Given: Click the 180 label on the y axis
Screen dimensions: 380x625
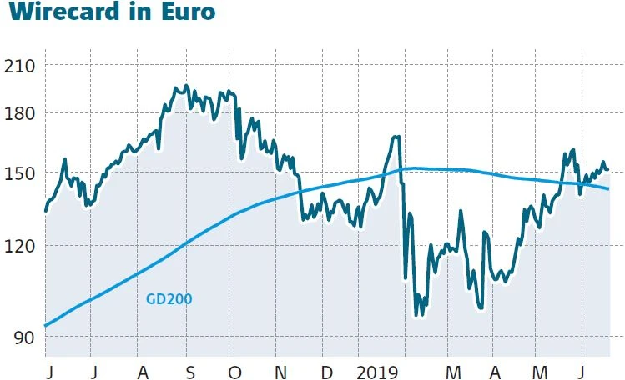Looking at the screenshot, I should pos(20,113).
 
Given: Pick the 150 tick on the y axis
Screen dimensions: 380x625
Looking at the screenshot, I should pos(20,173).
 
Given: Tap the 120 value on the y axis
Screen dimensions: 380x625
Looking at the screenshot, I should pos(20,246).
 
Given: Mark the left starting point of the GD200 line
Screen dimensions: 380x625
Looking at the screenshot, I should pos(45,326).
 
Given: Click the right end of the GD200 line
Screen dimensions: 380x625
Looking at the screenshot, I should pos(608,188).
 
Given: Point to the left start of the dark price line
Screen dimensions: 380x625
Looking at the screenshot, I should pos(45,211).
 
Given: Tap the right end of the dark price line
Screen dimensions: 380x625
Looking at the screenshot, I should pos(607,169).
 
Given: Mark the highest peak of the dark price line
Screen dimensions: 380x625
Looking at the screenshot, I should pos(185,87).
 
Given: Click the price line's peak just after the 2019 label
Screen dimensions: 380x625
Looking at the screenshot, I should pos(396,137).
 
